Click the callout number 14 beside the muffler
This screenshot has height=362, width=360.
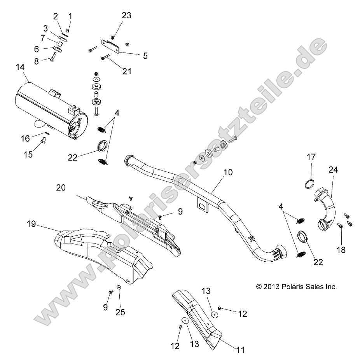pos(20,68)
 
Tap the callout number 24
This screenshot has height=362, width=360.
pos(333,170)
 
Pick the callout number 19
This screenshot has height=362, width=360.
pos(31,224)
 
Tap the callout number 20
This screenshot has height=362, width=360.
pos(61,187)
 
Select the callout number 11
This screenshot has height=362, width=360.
pos(240,350)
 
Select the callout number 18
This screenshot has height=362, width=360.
pos(341,250)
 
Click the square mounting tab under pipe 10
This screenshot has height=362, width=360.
pos(203,205)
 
